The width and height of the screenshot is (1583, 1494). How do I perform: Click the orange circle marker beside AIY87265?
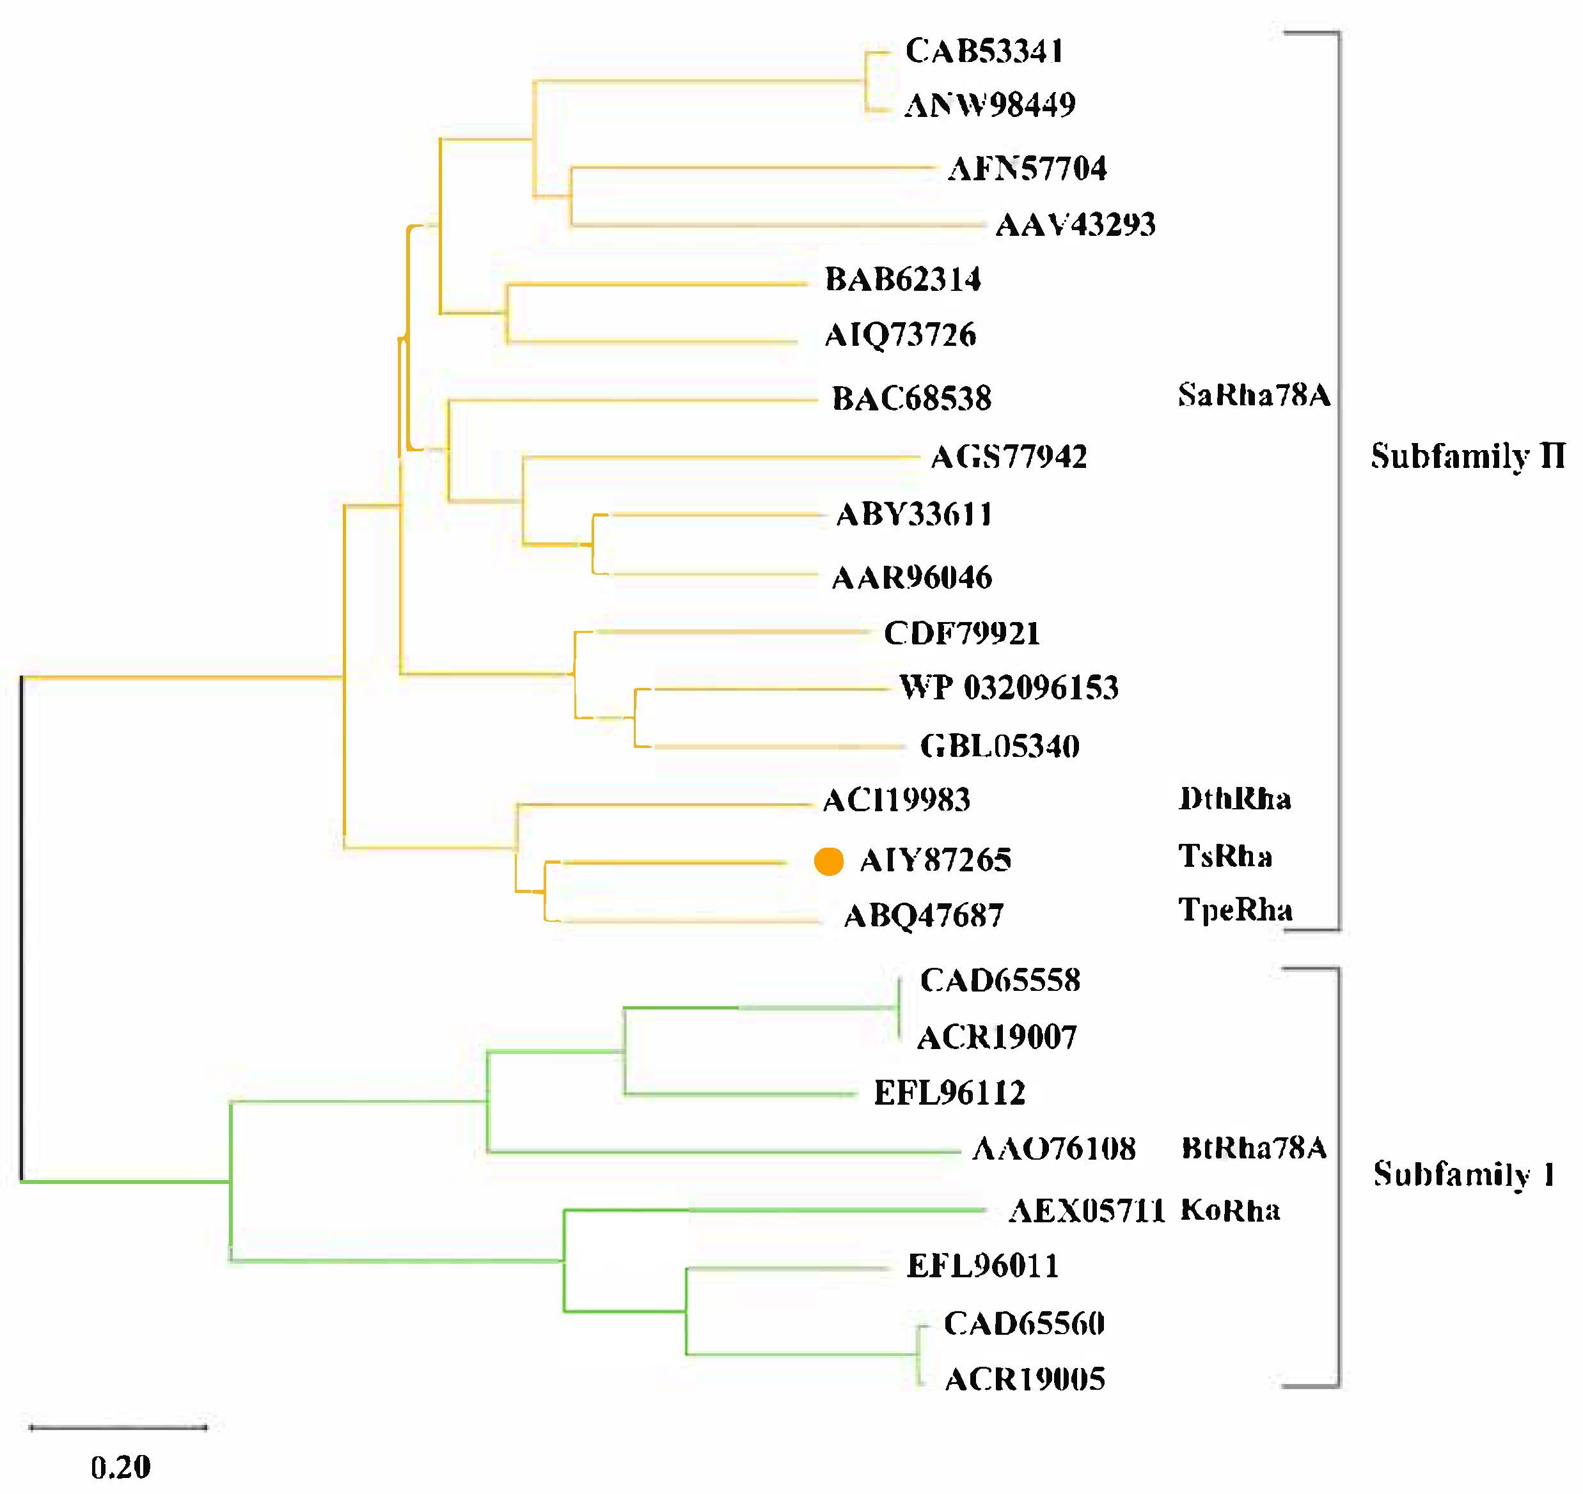tap(828, 861)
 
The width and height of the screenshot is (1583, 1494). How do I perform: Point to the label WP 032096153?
tap(1009, 687)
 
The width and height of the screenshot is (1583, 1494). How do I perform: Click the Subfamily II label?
tap(1467, 456)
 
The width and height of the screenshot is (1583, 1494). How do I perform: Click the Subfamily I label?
tap(1463, 1174)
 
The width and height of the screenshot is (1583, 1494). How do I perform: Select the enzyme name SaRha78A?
tap(1254, 395)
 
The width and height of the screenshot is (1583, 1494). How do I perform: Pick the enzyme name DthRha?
tap(1235, 798)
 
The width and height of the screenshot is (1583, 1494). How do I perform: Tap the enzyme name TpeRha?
tap(1235, 910)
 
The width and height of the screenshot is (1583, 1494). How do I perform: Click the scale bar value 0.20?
tap(120, 1467)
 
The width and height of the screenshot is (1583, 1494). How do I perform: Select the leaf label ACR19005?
tap(1025, 1380)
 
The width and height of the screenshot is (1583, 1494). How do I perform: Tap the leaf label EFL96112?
tap(949, 1093)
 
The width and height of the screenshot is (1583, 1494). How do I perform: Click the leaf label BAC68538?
tap(911, 398)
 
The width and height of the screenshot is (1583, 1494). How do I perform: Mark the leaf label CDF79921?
tap(961, 633)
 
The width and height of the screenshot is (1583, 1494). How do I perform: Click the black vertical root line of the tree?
tap(22, 928)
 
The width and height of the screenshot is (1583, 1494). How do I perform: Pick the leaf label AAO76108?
tap(1054, 1148)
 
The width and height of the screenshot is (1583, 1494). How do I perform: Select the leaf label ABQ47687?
tap(924, 916)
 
